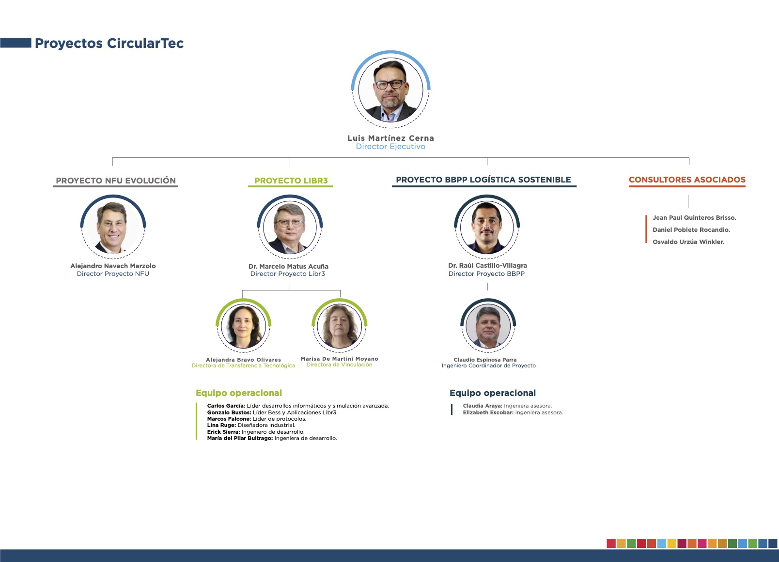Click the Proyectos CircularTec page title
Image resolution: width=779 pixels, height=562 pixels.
pos(109,44)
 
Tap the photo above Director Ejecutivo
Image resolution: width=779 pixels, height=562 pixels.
pos(390,90)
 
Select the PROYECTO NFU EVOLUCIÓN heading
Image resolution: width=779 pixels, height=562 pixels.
pos(116,181)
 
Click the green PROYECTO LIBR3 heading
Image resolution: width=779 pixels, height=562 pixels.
pos(291,181)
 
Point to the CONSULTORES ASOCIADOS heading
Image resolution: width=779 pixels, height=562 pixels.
pos(687,180)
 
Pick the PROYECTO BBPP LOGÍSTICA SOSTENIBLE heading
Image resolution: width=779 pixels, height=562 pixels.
pos(483,180)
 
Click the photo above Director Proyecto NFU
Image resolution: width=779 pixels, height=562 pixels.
pos(113,227)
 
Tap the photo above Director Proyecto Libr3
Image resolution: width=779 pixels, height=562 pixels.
pos(290,227)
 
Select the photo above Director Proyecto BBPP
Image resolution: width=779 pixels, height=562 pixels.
pos(486,227)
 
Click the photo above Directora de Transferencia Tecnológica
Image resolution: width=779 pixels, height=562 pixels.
pos(243,326)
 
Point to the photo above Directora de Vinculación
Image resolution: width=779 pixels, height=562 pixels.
pos(340,326)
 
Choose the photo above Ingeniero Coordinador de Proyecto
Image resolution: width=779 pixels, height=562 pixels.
pos(488,326)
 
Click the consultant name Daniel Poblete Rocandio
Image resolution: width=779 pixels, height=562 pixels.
pos(691,230)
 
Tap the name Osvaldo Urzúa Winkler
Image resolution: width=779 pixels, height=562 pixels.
pos(688,242)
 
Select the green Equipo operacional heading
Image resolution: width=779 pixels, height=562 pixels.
pos(239,393)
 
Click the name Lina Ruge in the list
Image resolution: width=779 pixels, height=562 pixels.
pos(221,425)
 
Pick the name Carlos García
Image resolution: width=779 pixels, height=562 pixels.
pos(226,406)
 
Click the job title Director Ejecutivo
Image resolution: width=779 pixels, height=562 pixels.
pos(390,147)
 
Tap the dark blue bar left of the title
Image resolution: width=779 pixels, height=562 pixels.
pos(16,43)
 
